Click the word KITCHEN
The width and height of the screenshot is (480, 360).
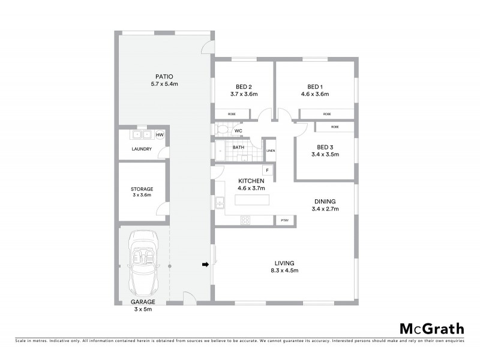click(251, 181)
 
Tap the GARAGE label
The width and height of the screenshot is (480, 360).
click(143, 301)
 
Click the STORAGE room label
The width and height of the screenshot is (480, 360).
click(142, 189)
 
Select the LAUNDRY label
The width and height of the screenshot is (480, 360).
click(142, 150)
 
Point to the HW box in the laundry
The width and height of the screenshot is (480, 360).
click(160, 135)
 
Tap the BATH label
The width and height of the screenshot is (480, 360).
click(238, 147)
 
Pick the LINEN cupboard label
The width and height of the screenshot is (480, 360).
click(271, 151)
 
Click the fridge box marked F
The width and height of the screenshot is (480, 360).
click(267, 171)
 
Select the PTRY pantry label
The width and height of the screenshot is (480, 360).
click(284, 221)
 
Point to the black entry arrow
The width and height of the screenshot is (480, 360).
click(205, 264)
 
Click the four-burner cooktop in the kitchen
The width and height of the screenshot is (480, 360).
click(245, 220)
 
